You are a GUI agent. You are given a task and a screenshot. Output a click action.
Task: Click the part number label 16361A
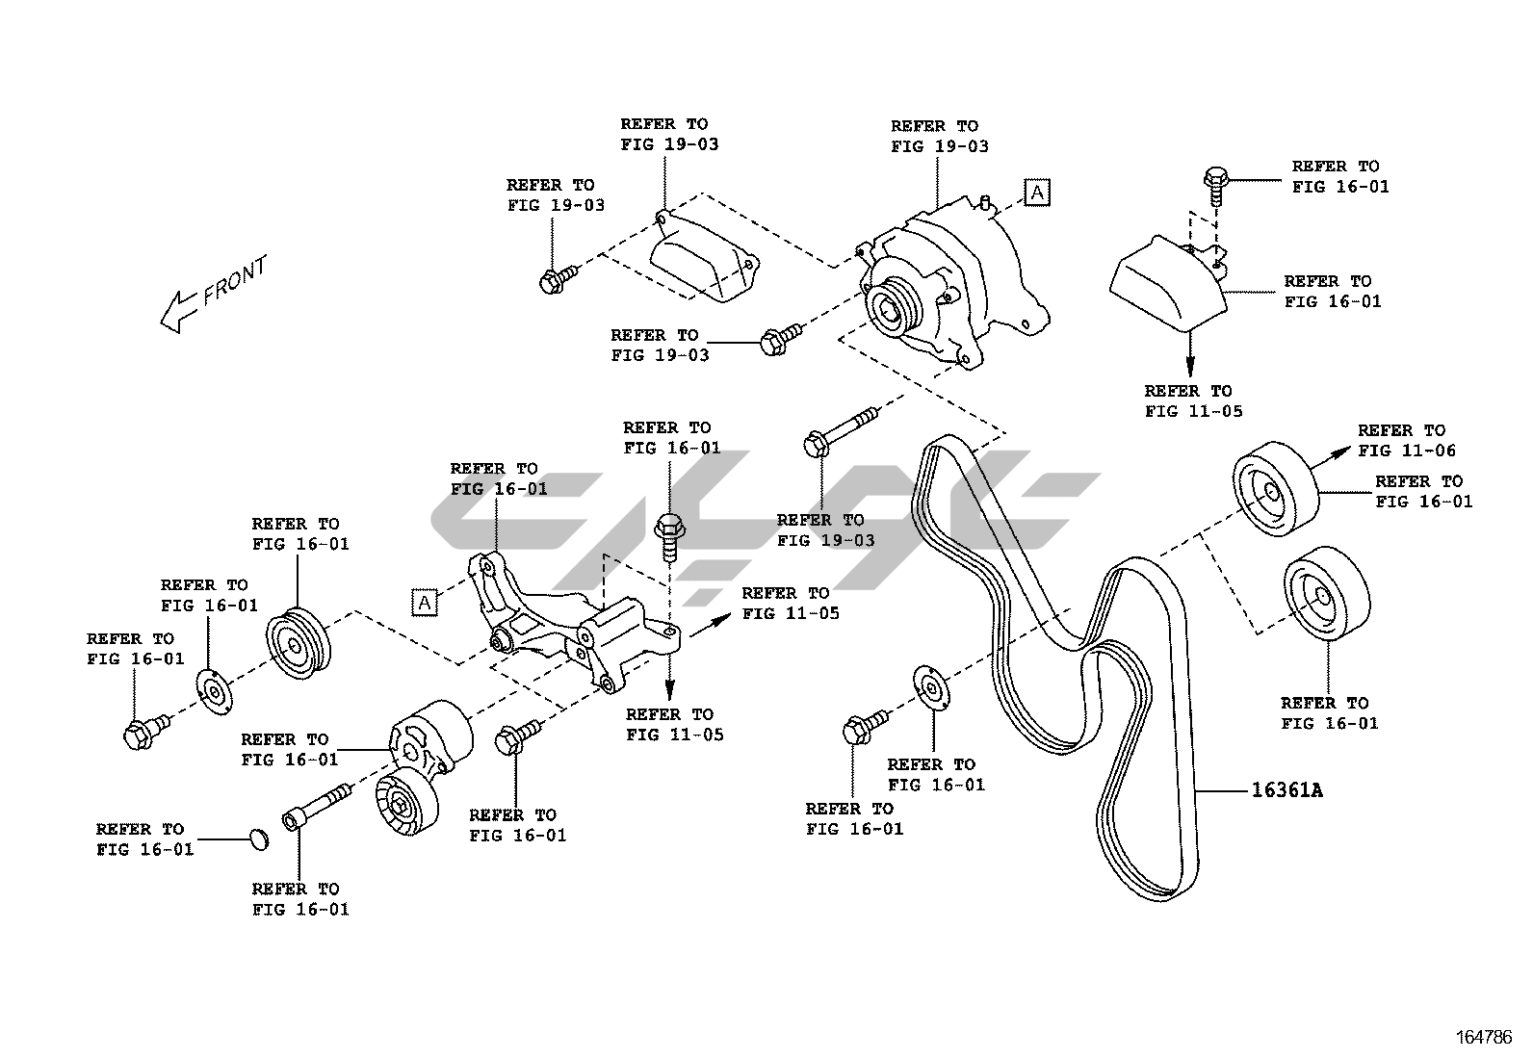point(1286,791)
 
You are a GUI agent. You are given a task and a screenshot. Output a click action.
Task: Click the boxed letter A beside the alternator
point(1036,193)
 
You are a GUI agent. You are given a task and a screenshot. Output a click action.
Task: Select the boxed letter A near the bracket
point(424,602)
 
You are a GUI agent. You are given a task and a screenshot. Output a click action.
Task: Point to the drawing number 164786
point(1484,1037)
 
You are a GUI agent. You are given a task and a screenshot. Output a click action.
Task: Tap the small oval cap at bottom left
point(257,839)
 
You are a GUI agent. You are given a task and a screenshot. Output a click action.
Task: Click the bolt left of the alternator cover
point(558,280)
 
